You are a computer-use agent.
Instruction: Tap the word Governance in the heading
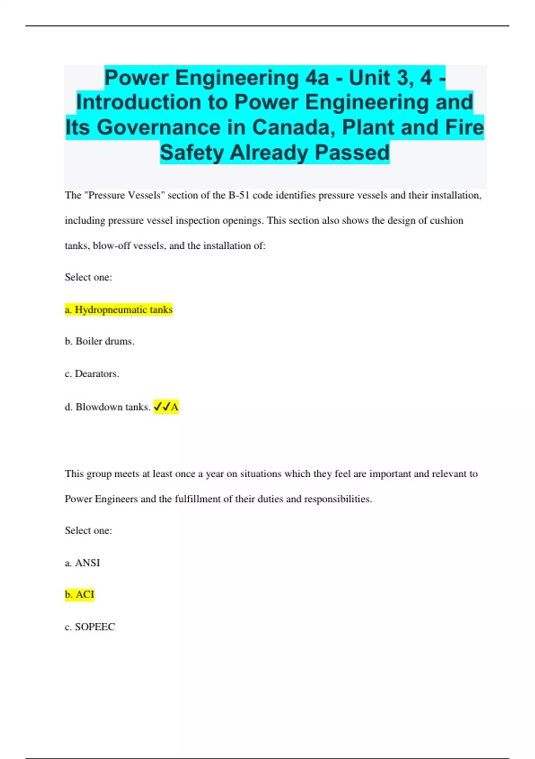pyautogui.click(x=158, y=127)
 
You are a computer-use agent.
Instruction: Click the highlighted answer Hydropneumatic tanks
pyautogui.click(x=119, y=309)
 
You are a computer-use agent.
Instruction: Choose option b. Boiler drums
pyautogui.click(x=99, y=341)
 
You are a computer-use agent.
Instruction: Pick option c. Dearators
pyautogui.click(x=92, y=373)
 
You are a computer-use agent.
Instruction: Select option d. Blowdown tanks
pyautogui.click(x=107, y=407)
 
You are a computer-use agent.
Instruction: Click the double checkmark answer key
pyautogui.click(x=166, y=407)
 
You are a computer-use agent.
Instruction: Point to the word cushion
pyautogui.click(x=446, y=220)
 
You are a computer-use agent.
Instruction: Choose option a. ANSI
pyautogui.click(x=82, y=563)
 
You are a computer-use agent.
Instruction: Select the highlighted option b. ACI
pyautogui.click(x=79, y=594)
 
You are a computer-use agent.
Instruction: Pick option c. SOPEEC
pyautogui.click(x=90, y=627)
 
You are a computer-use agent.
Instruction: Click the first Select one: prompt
pyautogui.click(x=88, y=277)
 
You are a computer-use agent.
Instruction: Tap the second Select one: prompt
pyautogui.click(x=88, y=530)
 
